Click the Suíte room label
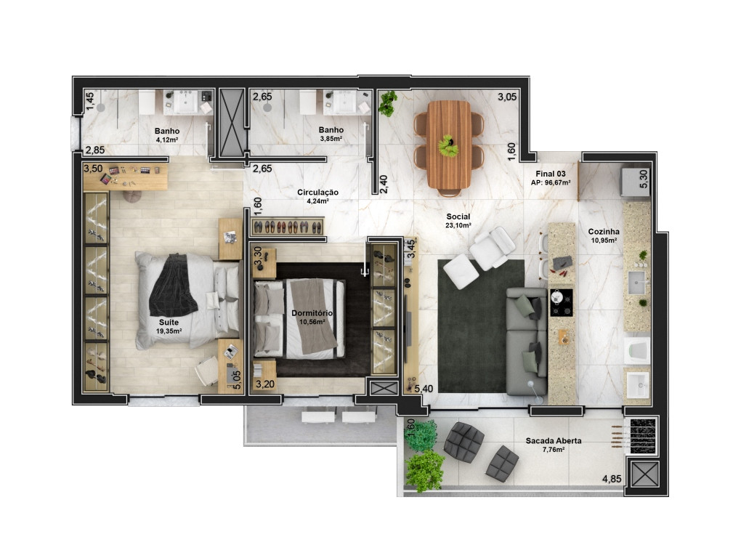click(169, 323)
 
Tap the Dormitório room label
click(312, 313)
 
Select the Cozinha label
click(604, 232)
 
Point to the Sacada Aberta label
click(554, 441)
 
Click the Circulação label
click(317, 193)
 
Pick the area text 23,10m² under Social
click(458, 225)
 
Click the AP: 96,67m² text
click(551, 182)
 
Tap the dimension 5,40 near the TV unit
click(424, 389)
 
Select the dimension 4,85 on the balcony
click(612, 479)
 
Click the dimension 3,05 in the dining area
click(507, 97)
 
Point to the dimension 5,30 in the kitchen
click(644, 179)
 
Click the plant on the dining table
click(448, 145)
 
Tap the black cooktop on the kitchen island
click(561, 303)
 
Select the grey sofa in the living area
click(527, 341)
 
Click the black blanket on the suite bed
click(174, 285)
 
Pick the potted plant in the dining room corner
click(388, 103)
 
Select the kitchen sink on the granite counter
click(636, 283)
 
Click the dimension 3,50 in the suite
click(93, 169)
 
